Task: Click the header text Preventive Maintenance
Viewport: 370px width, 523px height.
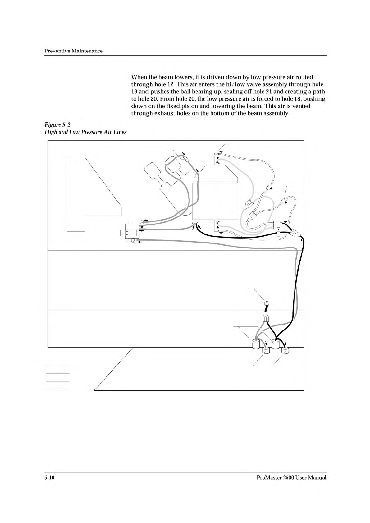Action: pos(74,51)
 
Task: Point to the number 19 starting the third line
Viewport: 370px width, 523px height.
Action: pos(135,92)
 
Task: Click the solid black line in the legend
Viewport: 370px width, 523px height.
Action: pos(57,366)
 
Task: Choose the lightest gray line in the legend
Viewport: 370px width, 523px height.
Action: pos(57,381)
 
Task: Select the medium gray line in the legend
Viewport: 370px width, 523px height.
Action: pos(57,374)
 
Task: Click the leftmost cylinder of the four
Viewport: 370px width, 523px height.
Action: pos(256,344)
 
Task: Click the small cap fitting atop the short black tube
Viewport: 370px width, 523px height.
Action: pos(266,303)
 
